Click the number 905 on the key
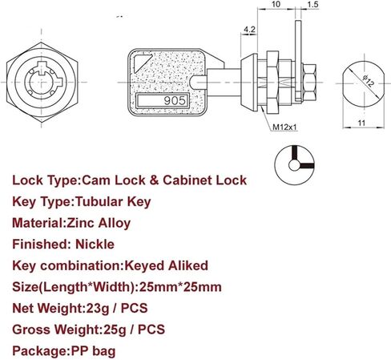click(x=175, y=101)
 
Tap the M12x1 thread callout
click(x=284, y=127)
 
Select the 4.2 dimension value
click(x=249, y=30)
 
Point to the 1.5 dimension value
click(x=312, y=5)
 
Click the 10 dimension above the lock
click(x=276, y=4)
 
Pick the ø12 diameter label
click(x=369, y=81)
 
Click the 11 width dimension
click(x=361, y=123)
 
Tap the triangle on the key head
click(x=141, y=63)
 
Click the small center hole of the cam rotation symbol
click(x=294, y=165)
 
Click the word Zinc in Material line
click(x=80, y=223)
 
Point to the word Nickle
click(x=95, y=245)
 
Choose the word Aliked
click(x=187, y=265)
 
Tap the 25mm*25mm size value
click(x=180, y=287)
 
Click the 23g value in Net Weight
click(x=98, y=309)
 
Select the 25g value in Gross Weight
click(x=115, y=330)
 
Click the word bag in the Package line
click(x=104, y=352)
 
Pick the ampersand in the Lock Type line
click(x=154, y=180)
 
